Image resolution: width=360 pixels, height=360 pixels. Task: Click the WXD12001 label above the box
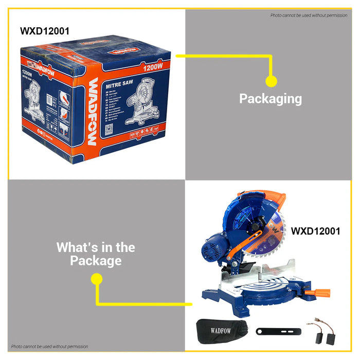(45, 31)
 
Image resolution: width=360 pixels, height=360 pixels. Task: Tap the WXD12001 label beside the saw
(315, 231)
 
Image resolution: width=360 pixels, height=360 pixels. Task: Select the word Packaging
(271, 98)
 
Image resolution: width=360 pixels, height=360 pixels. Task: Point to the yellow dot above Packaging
(271, 81)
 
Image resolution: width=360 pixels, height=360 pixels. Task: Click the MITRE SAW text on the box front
(120, 82)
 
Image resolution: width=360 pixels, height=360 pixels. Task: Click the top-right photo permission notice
(309, 15)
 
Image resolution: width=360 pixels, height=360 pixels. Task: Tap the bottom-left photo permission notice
(50, 347)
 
